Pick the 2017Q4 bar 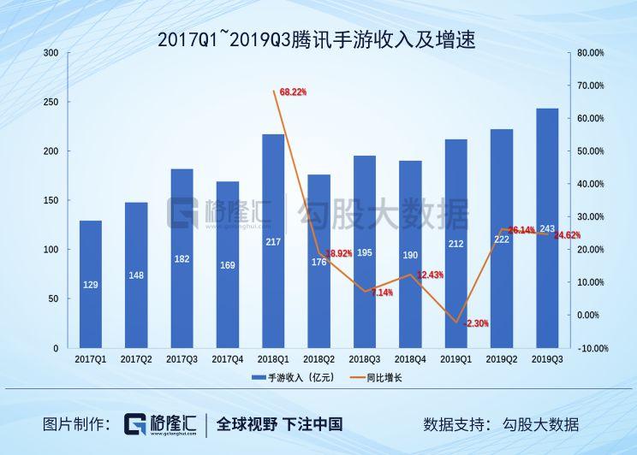tap(228, 264)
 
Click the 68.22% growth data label tap(293, 92)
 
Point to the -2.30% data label tap(476, 323)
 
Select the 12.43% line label tap(431, 275)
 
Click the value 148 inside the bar tap(136, 275)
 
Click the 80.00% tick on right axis tap(592, 53)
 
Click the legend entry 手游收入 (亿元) tap(287, 377)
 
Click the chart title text tap(318, 39)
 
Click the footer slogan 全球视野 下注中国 tap(280, 424)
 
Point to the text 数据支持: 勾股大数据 tap(501, 424)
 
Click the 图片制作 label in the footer tap(77, 424)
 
